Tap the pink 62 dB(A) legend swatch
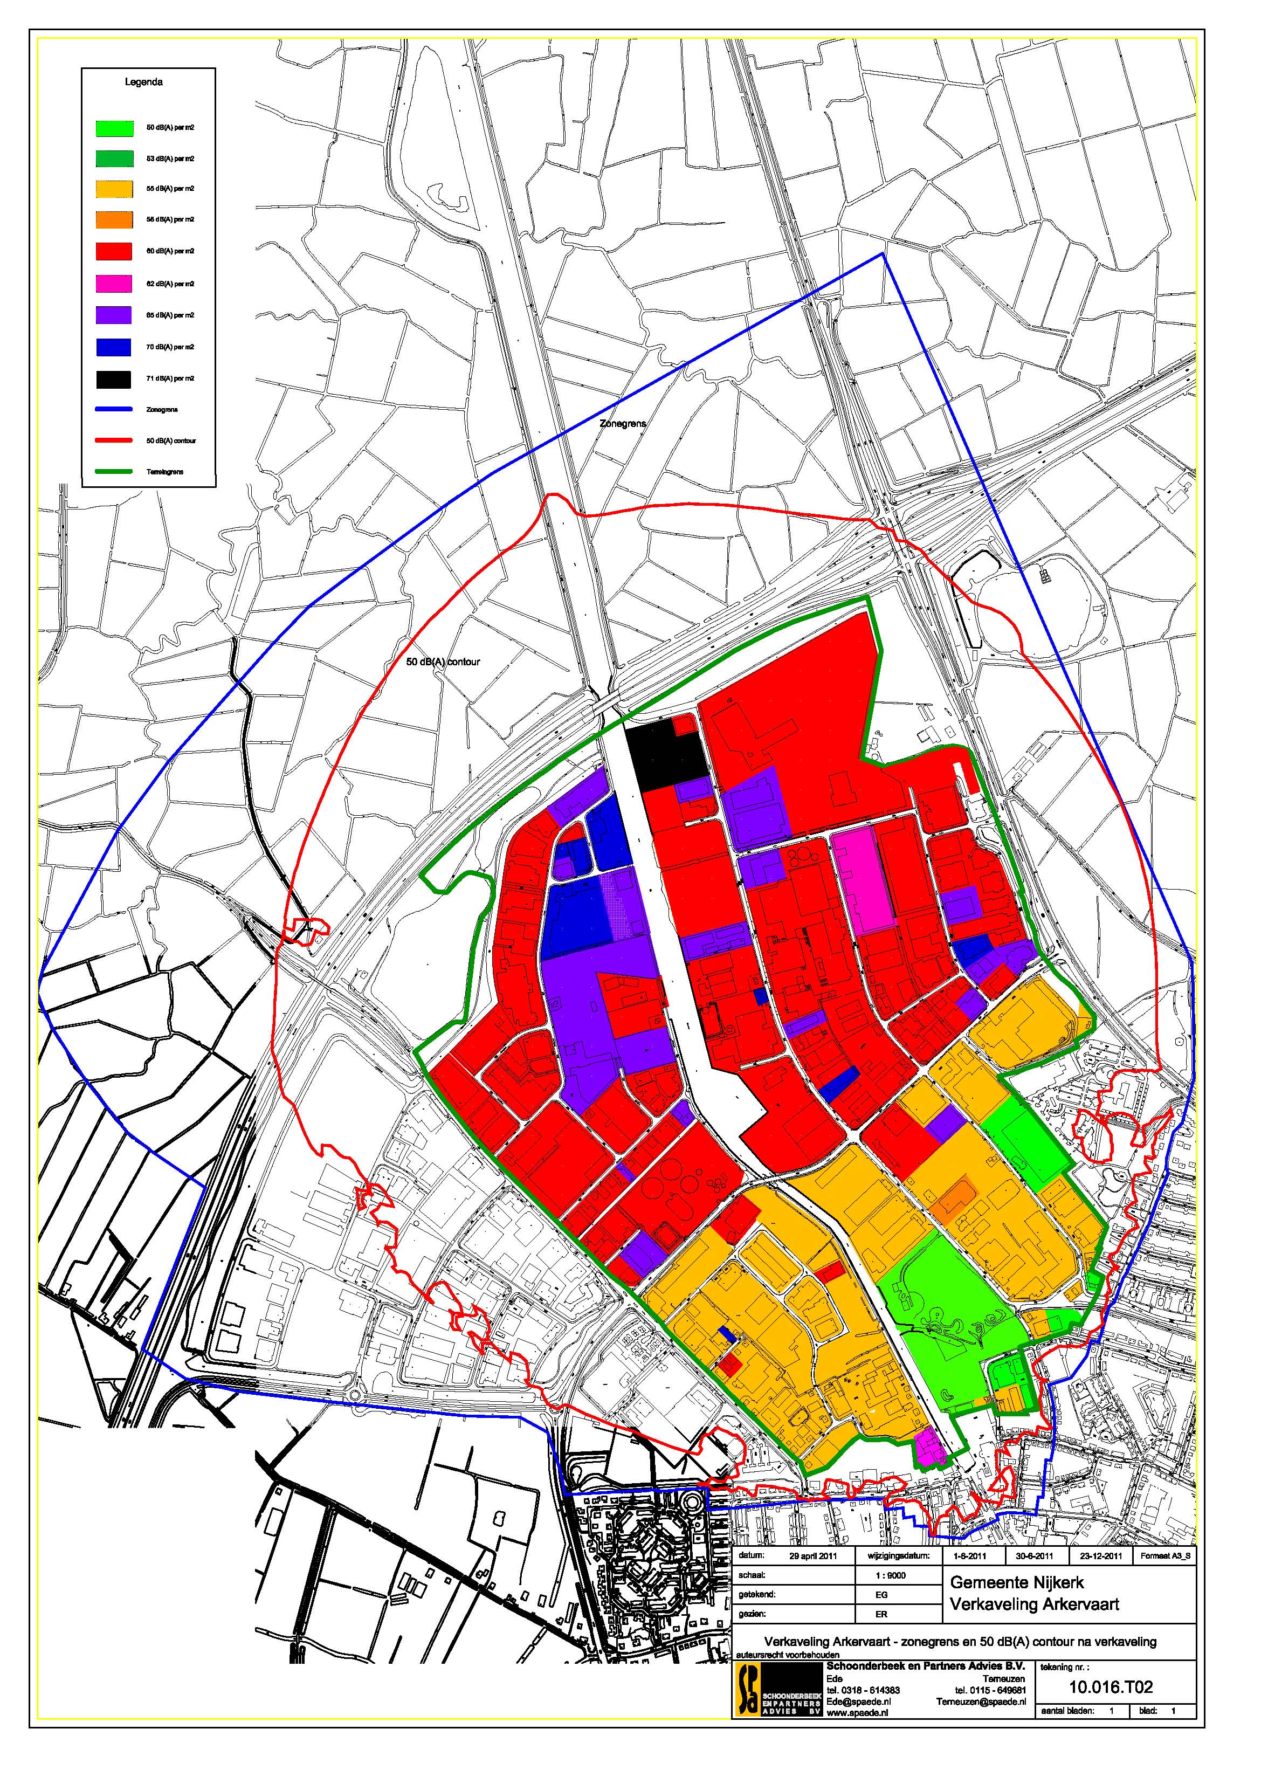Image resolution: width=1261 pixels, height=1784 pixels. click(x=113, y=284)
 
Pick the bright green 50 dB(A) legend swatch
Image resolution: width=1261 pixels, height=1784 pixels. click(x=113, y=127)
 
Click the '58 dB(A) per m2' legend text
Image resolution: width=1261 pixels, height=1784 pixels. click(x=170, y=220)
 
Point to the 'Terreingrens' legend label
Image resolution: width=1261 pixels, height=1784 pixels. click(x=165, y=472)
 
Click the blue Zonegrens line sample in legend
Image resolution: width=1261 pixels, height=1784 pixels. click(x=113, y=410)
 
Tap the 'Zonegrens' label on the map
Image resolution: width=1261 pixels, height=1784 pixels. click(x=622, y=424)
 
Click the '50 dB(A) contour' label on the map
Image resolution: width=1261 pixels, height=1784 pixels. click(x=444, y=662)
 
